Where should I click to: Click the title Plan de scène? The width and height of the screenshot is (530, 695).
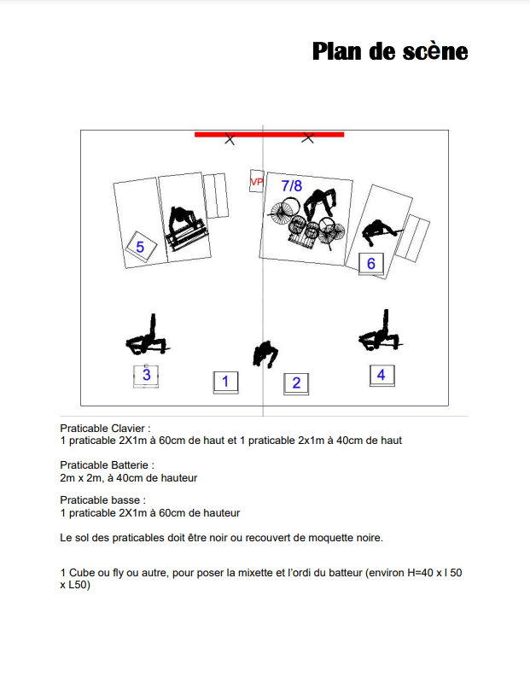389,51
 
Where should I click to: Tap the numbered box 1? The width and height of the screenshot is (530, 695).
225,381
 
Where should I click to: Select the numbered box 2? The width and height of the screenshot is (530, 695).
296,383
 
